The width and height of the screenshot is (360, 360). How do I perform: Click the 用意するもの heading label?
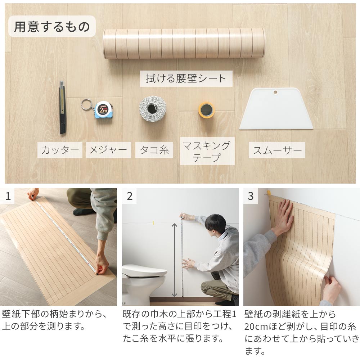tap(52, 26)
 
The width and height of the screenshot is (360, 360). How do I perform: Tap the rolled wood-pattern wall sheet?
tap(184, 44)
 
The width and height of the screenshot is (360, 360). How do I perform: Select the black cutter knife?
tap(62, 107)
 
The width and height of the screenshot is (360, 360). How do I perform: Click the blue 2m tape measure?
tap(104, 110)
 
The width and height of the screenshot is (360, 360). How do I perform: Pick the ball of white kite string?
tap(153, 109)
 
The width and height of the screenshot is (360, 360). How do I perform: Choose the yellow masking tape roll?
tap(206, 110)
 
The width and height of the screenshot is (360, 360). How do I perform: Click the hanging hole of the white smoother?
tap(275, 92)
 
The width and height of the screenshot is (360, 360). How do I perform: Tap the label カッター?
tap(60, 150)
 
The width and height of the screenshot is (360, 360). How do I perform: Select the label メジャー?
tap(108, 150)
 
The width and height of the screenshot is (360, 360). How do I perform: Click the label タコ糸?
tap(154, 150)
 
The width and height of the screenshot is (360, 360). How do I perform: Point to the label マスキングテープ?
tap(207, 151)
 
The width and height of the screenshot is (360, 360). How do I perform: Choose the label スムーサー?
tap(277, 150)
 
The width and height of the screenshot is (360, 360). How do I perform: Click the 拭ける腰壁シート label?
tap(186, 78)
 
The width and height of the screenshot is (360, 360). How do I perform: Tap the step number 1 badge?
tap(8, 196)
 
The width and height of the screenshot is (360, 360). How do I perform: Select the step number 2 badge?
tap(129, 196)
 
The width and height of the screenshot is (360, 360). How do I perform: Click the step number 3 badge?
tap(251, 196)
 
